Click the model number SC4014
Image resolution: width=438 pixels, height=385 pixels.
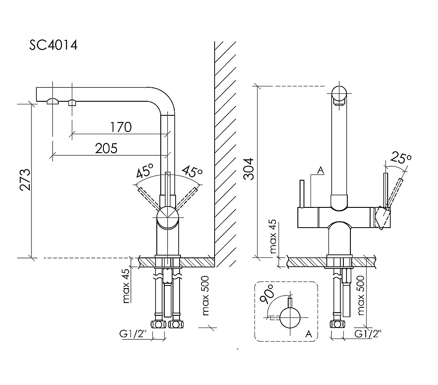[x=53, y=45]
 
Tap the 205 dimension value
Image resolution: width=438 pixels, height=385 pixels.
[x=106, y=149]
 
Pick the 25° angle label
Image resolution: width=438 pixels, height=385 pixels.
[x=402, y=158]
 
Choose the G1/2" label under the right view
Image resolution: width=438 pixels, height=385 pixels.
[x=367, y=334]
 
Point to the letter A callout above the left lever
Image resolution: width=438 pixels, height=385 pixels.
[x=320, y=171]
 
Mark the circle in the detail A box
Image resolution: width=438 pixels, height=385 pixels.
[x=290, y=318]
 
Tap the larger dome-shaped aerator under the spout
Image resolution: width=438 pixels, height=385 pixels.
[x=53, y=101]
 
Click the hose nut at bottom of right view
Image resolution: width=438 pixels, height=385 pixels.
[x=336, y=325]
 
